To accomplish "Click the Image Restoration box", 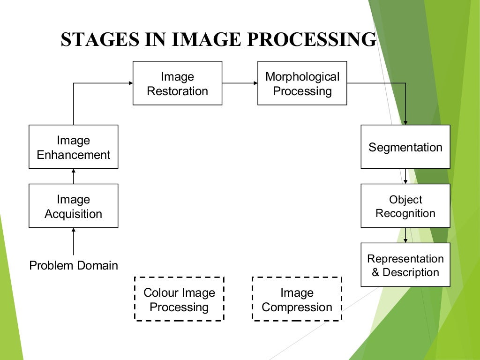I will [177, 83].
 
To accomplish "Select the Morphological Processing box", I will [302, 83].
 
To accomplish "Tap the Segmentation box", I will [405, 147].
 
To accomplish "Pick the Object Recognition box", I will [405, 206].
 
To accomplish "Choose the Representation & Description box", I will [405, 265].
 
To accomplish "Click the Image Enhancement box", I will [73, 147].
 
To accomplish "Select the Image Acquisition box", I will [73, 206].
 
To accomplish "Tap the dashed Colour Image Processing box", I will [179, 299].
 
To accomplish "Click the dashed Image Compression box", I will [297, 299].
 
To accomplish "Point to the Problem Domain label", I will [74, 266].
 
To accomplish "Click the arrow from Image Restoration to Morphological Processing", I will [240, 83].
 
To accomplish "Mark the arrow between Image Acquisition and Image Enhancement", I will [74, 176].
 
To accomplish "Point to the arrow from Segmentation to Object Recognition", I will [405, 176].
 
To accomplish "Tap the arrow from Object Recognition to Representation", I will [405, 235].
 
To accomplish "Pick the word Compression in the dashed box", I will [297, 307].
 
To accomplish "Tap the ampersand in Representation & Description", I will [375, 272].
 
